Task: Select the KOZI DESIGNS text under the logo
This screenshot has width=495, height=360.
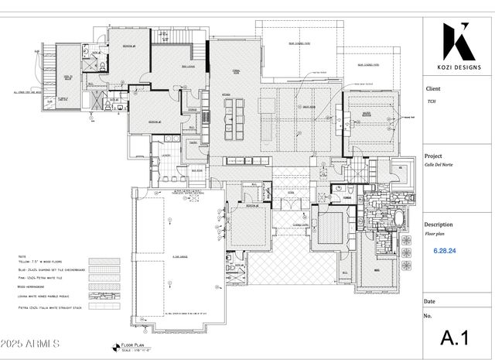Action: [x=458, y=67]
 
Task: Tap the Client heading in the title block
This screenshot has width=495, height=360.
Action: [x=432, y=89]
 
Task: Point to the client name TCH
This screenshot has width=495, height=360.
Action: [x=431, y=101]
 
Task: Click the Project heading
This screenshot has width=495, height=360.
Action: [x=435, y=156]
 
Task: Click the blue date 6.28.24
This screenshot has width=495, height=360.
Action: [x=444, y=251]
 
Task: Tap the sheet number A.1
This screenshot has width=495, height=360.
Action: [x=456, y=338]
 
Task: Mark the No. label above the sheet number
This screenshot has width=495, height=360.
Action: [x=428, y=316]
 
